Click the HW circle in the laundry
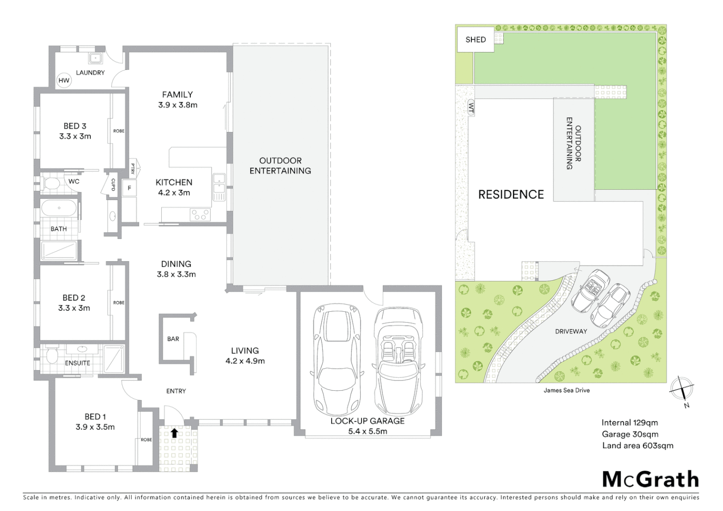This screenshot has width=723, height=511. coord(64,80)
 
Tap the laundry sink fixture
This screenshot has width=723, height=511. coord(95,58)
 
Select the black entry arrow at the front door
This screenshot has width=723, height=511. coord(174,432)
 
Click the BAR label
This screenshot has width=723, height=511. coord(173,339)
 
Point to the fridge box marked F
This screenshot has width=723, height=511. coord(129,188)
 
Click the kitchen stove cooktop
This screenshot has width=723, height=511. coord(200,214)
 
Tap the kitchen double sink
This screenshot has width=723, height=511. coord(219,187)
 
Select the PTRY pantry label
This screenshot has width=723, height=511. coord(132,168)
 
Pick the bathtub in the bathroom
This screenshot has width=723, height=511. coord(59,209)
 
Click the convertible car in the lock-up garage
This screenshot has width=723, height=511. coord(398,361)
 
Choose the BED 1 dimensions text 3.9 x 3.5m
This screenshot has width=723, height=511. coord(95,427)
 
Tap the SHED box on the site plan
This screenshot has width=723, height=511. coord(476,40)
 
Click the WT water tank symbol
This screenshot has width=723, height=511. coord(471,107)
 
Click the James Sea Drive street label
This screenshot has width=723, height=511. coord(566,390)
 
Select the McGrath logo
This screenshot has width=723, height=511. coord(651,479)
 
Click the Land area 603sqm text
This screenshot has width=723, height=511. coord(637,446)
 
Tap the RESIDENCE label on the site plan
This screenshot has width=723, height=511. coord(511,194)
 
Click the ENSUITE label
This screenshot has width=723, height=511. coord(78,363)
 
